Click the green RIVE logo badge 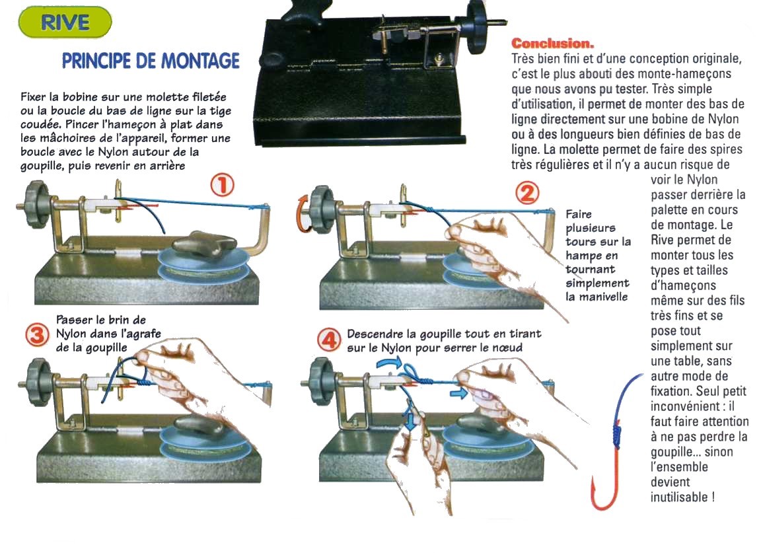pos(65,22)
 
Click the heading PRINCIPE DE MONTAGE pos(151,61)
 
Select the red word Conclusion pos(552,43)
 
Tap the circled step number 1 pos(222,185)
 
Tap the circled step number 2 pos(527,193)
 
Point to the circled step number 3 pos(38,334)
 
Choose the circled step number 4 pos(329,340)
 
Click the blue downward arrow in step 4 pos(411,418)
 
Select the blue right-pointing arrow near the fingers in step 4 pos(458,391)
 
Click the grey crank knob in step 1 pos(36,204)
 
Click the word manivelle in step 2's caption pos(597,297)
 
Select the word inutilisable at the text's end pos(679,497)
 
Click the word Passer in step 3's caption pos(74,320)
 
